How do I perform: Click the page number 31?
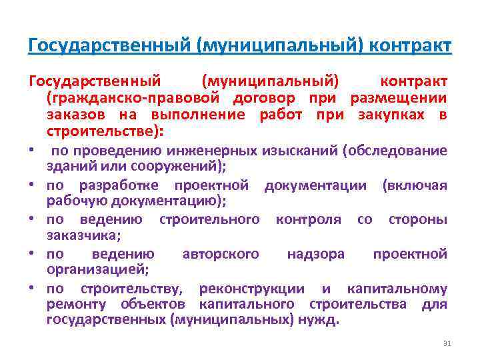(x=447, y=343)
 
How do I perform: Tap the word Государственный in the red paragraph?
(x=95, y=81)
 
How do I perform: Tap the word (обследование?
(x=395, y=151)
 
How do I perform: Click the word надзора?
(x=315, y=254)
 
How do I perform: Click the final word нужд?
(x=324, y=320)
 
